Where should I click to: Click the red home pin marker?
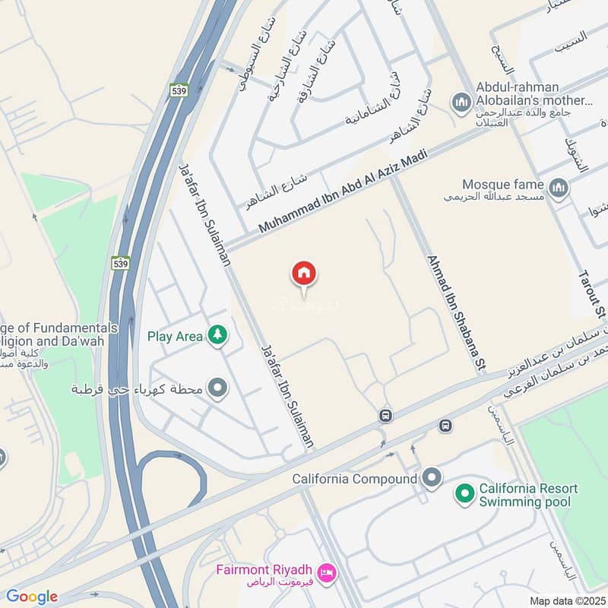tap(304, 274)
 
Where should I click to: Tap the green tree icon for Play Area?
tap(218, 336)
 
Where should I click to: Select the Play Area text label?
tap(175, 336)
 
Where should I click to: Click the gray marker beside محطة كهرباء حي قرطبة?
tap(218, 390)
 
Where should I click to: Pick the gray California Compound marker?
tap(432, 479)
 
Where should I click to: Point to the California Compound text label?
tap(355, 479)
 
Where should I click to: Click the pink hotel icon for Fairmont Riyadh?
tap(327, 571)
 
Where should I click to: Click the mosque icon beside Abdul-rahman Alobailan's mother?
tap(460, 101)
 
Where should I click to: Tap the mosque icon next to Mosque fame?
tap(559, 186)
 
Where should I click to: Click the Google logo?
tap(31, 597)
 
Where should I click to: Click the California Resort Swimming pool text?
tap(528, 495)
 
